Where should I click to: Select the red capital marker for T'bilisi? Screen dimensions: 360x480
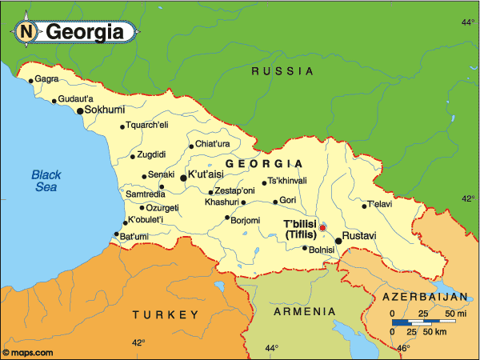pos(322,228)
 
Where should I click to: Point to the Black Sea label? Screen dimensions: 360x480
pos(46,181)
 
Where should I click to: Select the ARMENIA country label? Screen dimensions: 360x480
pos(303,310)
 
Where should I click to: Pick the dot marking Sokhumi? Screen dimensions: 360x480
pos(80,111)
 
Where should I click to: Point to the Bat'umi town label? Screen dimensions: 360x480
pos(134,236)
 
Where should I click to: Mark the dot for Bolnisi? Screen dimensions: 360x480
pos(305,248)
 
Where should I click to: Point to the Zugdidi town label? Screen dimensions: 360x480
pos(152,154)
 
